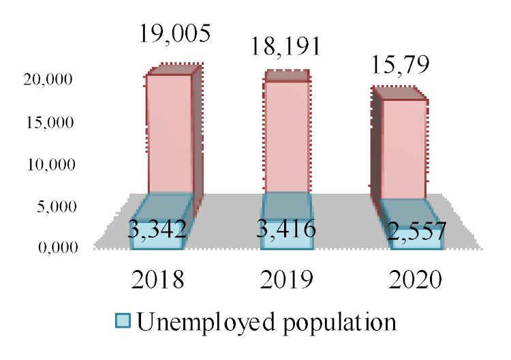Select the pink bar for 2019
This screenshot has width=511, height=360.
pyautogui.click(x=286, y=136)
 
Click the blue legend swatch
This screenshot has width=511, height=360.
pyautogui.click(x=123, y=321)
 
